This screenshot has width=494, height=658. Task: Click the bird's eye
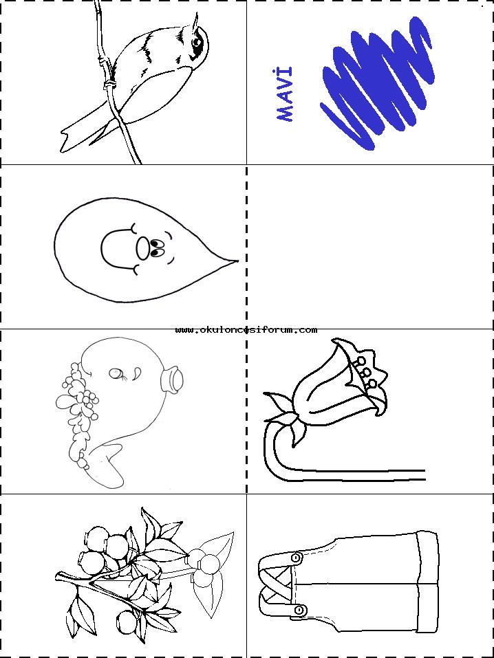click(x=197, y=41)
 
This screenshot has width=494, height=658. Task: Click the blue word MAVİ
click(x=284, y=94)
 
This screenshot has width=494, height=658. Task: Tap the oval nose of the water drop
click(x=143, y=248)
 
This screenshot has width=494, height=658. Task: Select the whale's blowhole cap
click(x=172, y=377)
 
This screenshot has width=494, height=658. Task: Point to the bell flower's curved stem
click(x=319, y=457)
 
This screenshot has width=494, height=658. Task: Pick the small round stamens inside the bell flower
click(x=366, y=372)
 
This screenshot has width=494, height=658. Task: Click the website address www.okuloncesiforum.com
click(x=246, y=330)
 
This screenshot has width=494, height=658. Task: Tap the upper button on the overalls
click(x=297, y=558)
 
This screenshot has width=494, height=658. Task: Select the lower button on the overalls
click(x=299, y=610)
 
